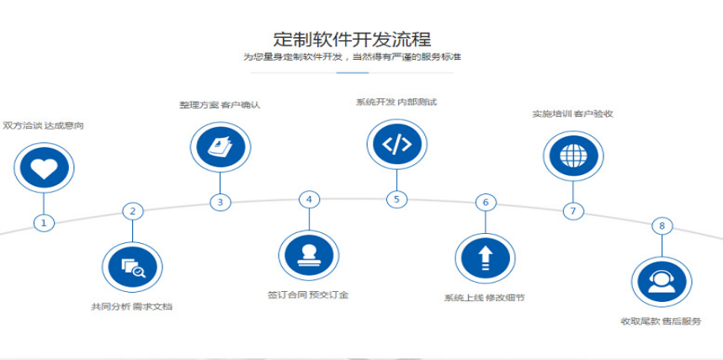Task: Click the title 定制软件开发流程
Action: (352, 38)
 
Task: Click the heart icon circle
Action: (44, 167)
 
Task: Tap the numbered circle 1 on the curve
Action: (44, 223)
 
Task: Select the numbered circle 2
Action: (131, 210)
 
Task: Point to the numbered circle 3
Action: (220, 202)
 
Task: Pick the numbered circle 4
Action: (309, 199)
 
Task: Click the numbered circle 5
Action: (396, 199)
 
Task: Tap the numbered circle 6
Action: (485, 202)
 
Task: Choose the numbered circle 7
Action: (573, 210)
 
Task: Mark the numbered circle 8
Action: (662, 225)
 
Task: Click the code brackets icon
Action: (396, 144)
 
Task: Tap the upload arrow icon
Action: (485, 257)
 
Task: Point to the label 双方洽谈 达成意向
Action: (43, 126)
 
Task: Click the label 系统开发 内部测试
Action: (396, 103)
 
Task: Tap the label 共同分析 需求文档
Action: (131, 306)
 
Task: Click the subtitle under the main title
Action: (352, 56)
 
